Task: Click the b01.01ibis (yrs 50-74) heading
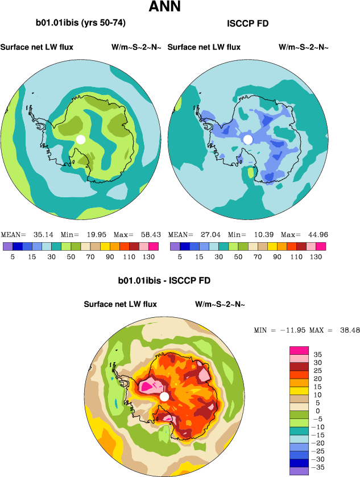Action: pos(81,23)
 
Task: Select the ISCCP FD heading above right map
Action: pos(247,24)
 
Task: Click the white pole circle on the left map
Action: pos(81,139)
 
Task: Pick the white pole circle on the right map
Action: pos(247,139)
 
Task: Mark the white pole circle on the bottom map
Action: pos(164,396)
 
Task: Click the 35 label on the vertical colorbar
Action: pos(318,354)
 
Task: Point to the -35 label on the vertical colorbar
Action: pos(320,466)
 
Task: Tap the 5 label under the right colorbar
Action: pos(180,257)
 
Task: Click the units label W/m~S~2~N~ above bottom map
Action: pos(220,305)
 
